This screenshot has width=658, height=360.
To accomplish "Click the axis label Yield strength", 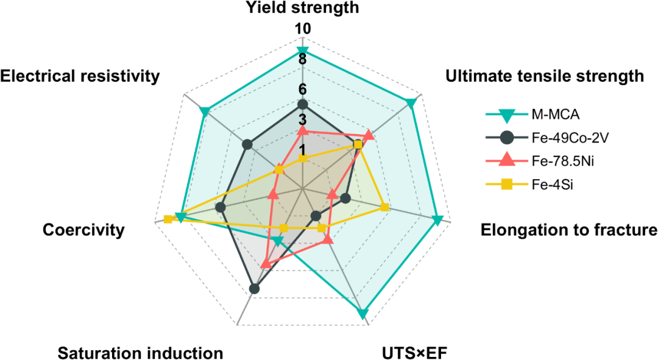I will (x=302, y=8).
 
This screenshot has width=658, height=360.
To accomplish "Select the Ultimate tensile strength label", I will (x=545, y=76).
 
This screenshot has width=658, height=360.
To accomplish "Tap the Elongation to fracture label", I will (x=569, y=230).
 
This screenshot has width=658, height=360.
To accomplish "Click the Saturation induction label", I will (x=140, y=353).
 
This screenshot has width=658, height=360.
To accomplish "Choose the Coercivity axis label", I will (x=84, y=230).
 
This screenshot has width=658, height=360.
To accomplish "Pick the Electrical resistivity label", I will (x=80, y=76).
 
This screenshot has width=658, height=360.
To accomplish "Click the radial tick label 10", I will (x=302, y=29).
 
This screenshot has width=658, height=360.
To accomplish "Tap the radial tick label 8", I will (x=302, y=59).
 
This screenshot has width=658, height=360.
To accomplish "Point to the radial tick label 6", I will (x=302, y=89).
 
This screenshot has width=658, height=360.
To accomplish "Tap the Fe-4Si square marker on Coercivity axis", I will (x=168, y=219).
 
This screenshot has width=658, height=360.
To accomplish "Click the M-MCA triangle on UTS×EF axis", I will (x=363, y=314).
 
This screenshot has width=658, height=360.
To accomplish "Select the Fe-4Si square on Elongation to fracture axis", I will (x=384, y=208).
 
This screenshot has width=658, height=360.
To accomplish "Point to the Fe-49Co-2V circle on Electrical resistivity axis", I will (x=247, y=144).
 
